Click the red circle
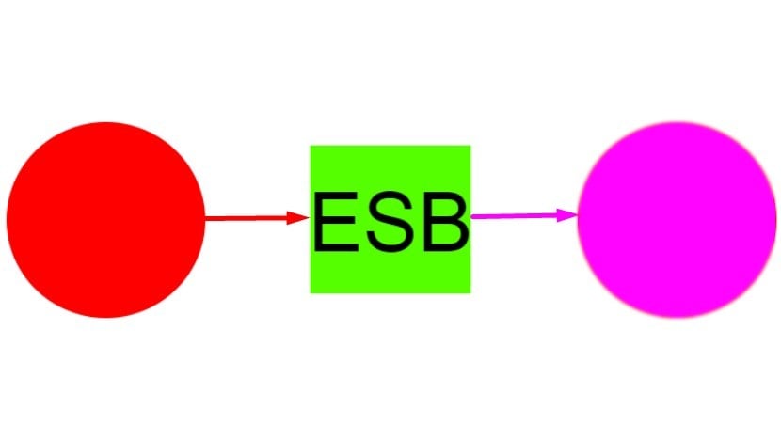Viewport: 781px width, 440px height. pyautogui.click(x=105, y=219)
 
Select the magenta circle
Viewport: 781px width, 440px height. pyautogui.click(x=677, y=219)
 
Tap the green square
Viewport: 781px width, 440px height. pyautogui.click(x=390, y=219)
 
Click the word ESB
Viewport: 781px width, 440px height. pyautogui.click(x=391, y=222)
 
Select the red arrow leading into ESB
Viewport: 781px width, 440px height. pyautogui.click(x=258, y=218)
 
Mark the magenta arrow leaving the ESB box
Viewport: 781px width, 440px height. pyautogui.click(x=524, y=216)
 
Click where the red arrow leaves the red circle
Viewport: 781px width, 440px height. pyautogui.click(x=205, y=218)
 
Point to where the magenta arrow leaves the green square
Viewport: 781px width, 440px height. pyautogui.click(x=471, y=216)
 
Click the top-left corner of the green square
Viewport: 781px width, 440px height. pyautogui.click(x=311, y=146)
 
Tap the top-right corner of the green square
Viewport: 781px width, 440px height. pyautogui.click(x=470, y=146)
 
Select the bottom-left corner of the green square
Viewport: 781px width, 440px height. pyautogui.click(x=311, y=293)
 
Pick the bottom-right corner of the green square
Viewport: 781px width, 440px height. pyautogui.click(x=470, y=293)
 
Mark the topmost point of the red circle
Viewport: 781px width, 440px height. pyautogui.click(x=105, y=122)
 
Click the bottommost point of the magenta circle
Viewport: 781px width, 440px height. pyautogui.click(x=677, y=318)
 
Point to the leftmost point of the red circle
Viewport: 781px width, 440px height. pyautogui.click(x=6, y=219)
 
